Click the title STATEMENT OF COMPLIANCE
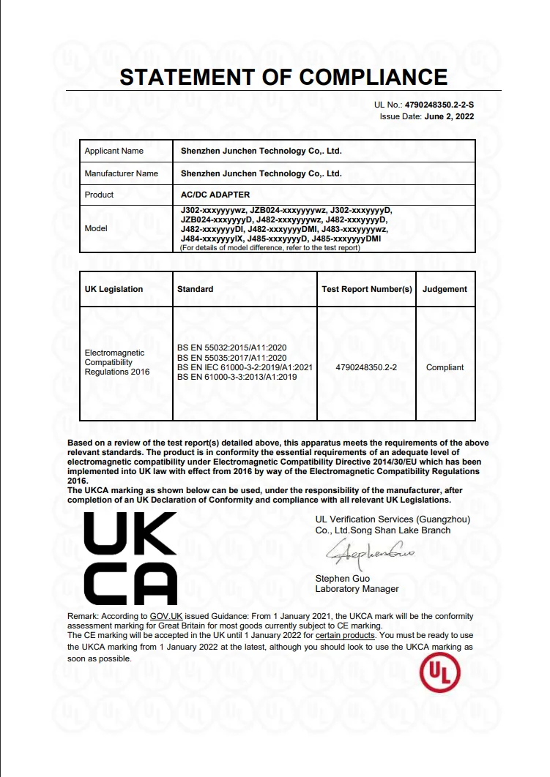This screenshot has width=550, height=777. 283,77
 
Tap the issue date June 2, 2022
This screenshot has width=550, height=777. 449,116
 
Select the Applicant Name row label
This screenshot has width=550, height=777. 114,151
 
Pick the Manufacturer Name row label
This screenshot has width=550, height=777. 122,173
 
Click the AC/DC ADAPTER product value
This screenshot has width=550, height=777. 215,195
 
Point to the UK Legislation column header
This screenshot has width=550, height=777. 114,289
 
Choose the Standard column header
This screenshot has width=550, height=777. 196,289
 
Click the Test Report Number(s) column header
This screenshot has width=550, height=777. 367,289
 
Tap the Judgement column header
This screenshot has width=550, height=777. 445,289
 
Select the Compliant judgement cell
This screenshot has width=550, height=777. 445,367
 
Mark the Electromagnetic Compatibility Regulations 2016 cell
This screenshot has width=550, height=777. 117,362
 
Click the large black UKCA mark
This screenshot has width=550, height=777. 131,558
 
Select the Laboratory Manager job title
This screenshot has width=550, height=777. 357,589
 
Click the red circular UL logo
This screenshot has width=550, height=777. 439,673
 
